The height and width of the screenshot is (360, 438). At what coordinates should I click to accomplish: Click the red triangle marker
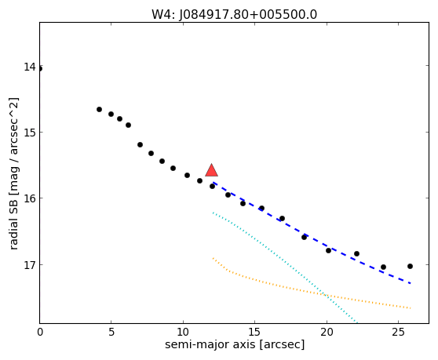pyautogui.click(x=211, y=171)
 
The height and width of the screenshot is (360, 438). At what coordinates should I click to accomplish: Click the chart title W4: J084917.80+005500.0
pyautogui.click(x=235, y=15)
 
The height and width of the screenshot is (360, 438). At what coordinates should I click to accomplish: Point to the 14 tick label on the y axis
pyautogui.click(x=30, y=67)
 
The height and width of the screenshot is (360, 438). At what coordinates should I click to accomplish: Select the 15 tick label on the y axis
pyautogui.click(x=30, y=133)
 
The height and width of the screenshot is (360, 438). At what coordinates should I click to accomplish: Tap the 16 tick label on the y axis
pyautogui.click(x=30, y=198)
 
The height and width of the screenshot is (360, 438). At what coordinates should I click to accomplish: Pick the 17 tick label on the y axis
pyautogui.click(x=30, y=265)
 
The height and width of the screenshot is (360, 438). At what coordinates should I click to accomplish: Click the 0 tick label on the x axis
pyautogui.click(x=40, y=332)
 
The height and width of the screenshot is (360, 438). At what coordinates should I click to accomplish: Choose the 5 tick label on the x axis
pyautogui.click(x=111, y=332)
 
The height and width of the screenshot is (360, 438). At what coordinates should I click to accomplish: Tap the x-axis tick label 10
pyautogui.click(x=183, y=332)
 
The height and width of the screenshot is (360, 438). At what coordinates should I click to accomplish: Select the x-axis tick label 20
pyautogui.click(x=327, y=332)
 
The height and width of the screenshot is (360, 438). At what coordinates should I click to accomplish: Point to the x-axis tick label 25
pyautogui.click(x=398, y=332)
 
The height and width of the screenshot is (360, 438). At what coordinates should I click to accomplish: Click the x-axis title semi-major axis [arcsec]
pyautogui.click(x=235, y=344)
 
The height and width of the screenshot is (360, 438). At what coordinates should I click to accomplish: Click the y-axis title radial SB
pyautogui.click(x=13, y=223)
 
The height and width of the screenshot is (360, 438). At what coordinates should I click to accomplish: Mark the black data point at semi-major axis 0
pyautogui.click(x=40, y=69)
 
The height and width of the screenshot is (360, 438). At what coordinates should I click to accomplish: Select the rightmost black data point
pyautogui.click(x=410, y=266)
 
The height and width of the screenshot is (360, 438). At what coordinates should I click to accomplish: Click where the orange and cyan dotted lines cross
pyautogui.click(x=327, y=296)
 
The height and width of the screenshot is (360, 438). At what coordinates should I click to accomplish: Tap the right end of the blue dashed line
pyautogui.click(x=411, y=283)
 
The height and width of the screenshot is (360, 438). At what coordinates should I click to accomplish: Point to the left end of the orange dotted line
pyautogui.click(x=213, y=258)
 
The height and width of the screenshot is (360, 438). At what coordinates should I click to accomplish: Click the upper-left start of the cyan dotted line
pyautogui.click(x=213, y=213)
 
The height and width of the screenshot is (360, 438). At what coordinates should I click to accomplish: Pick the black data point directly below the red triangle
pyautogui.click(x=212, y=186)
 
